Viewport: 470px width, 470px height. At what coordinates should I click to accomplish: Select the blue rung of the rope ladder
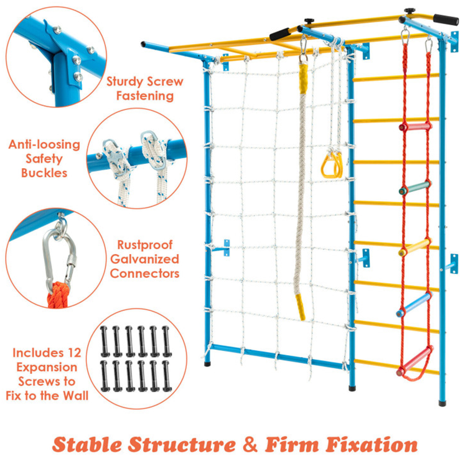pos(414,305)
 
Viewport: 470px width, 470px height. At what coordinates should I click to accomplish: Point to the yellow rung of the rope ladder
pos(414,247)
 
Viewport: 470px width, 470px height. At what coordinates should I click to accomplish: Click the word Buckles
pos(44,173)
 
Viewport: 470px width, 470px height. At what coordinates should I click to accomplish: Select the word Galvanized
pos(145,259)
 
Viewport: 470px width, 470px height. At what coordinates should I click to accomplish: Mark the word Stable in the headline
pos(87,445)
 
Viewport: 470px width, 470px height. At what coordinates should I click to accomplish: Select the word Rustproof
pos(145,245)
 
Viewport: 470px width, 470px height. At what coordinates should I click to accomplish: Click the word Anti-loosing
pos(44,145)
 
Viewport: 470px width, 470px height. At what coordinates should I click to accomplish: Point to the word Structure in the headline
pos(182,445)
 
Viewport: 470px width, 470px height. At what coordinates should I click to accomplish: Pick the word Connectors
pos(145,273)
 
